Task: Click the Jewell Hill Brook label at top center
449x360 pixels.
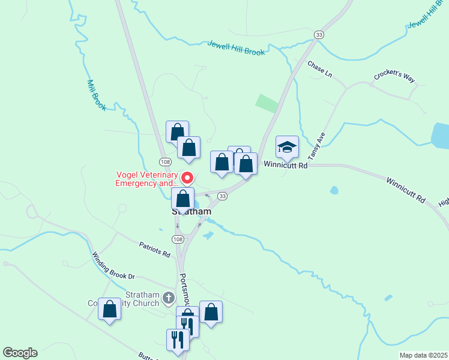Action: click(236, 48)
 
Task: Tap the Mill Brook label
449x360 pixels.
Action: click(96, 95)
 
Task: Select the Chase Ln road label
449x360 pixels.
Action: click(319, 68)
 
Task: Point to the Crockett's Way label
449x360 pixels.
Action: click(394, 76)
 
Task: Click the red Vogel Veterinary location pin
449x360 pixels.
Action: click(187, 178)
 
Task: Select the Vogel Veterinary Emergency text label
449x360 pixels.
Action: click(147, 179)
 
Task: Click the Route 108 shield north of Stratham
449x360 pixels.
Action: click(165, 162)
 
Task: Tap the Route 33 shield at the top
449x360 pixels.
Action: click(319, 35)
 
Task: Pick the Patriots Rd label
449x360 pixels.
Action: click(155, 250)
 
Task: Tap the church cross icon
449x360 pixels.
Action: click(169, 297)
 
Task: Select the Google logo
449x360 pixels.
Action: click(20, 353)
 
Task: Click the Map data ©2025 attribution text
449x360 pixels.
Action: click(423, 355)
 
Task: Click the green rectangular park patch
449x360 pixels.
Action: click(267, 103)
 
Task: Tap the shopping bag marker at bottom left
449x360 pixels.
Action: click(109, 310)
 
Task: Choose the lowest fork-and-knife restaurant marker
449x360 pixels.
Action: click(178, 340)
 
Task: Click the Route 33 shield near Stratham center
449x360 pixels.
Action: click(222, 196)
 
